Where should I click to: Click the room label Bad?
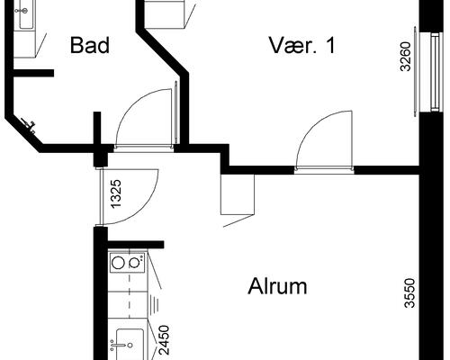(90, 45)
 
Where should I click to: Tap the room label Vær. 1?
(301, 45)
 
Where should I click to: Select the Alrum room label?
(277, 286)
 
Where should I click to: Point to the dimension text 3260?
(405, 57)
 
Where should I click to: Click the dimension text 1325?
(116, 193)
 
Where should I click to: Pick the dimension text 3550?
(409, 293)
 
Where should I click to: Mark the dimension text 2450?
(164, 340)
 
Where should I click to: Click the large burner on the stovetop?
(118, 263)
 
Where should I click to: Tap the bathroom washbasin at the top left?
(26, 14)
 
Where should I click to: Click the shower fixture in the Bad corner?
(30, 125)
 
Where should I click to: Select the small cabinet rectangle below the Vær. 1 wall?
(238, 194)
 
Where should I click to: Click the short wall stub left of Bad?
(33, 73)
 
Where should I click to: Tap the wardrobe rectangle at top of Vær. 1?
(165, 14)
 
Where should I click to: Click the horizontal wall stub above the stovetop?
(136, 244)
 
